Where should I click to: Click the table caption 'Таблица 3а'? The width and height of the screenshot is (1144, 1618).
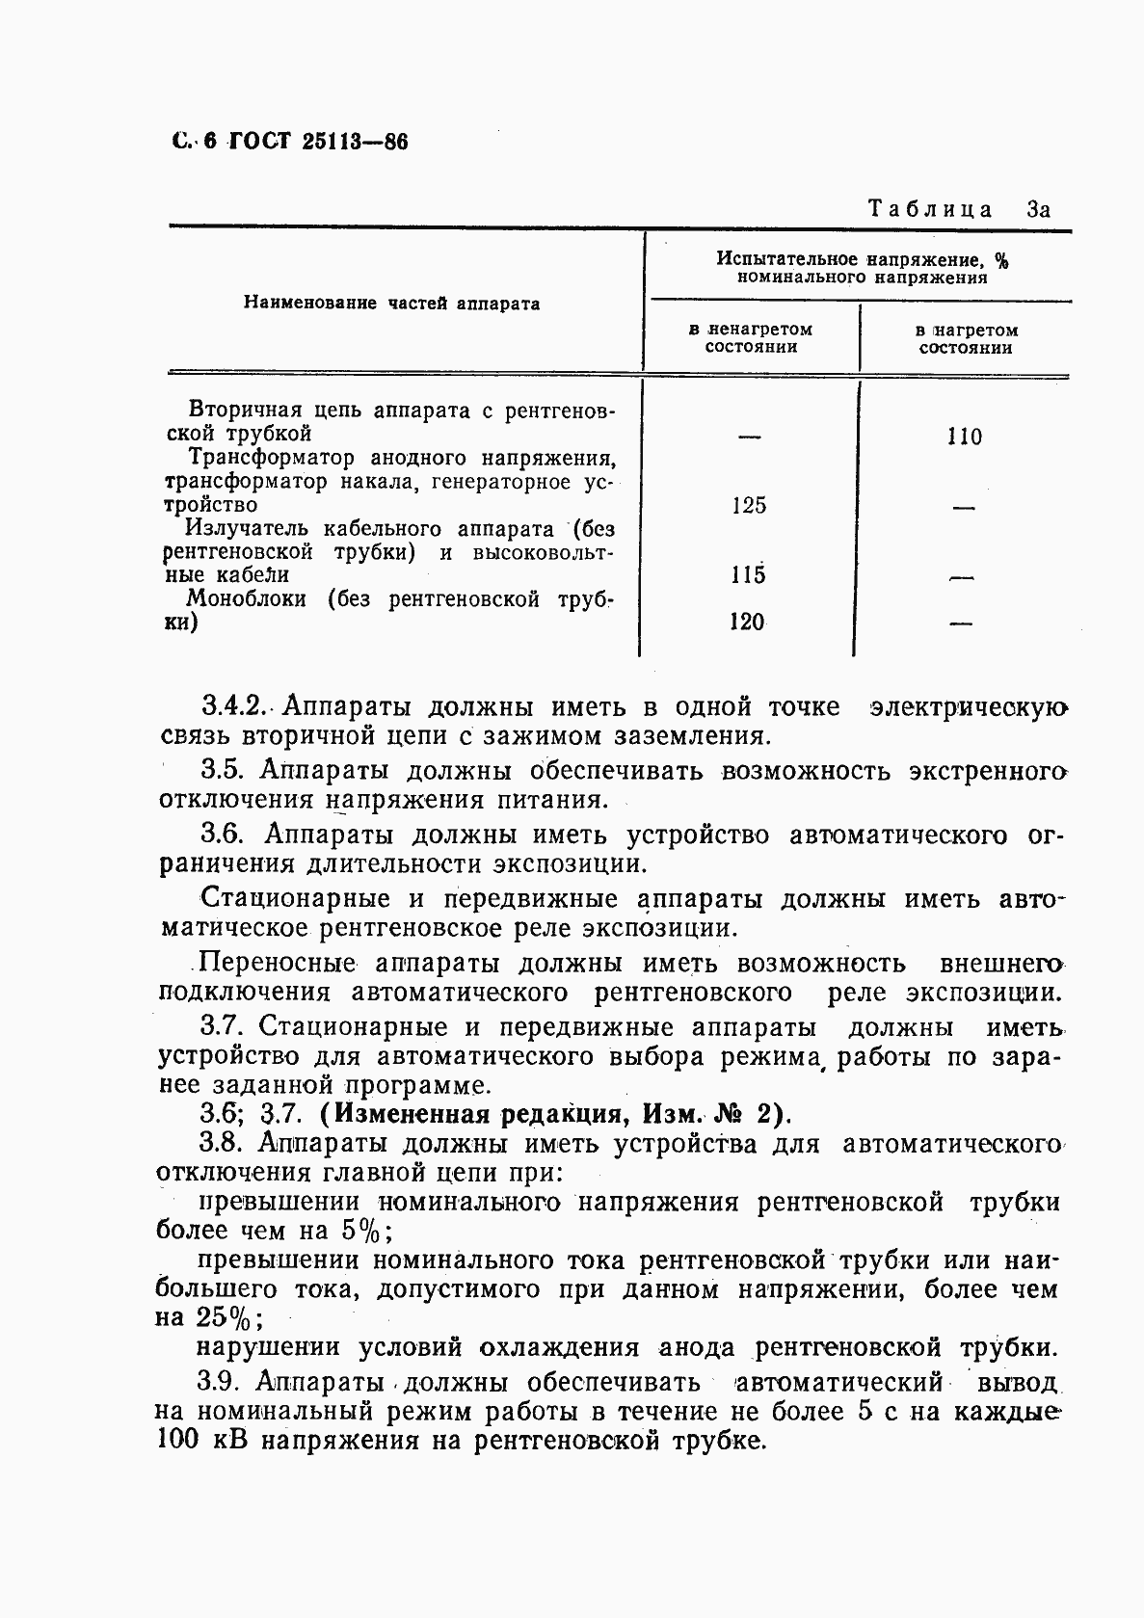click(x=957, y=209)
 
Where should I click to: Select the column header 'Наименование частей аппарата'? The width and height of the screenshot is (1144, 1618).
click(x=391, y=304)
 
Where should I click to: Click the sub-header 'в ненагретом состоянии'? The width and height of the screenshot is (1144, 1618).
click(x=751, y=338)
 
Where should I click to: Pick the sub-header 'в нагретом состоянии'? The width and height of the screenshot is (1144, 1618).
click(x=966, y=338)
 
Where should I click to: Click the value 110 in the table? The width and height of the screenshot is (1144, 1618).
click(x=964, y=437)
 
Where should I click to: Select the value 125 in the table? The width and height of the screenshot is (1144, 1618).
click(x=749, y=505)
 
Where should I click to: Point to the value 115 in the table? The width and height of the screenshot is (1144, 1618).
click(x=748, y=575)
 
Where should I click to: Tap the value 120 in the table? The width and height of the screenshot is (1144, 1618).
click(x=747, y=622)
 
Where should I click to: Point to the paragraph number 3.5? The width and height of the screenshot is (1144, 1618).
click(x=226, y=770)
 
